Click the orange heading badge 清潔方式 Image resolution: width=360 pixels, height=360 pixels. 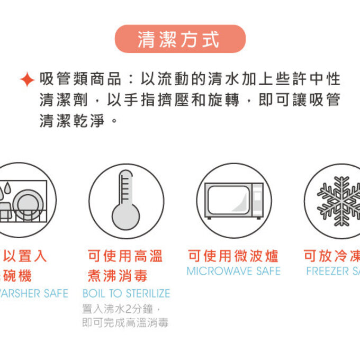pos(180,39)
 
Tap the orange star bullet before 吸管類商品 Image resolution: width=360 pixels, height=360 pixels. pos(27,80)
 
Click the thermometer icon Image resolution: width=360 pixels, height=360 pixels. pos(126,200)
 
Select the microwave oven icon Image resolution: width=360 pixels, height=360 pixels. pos(234,200)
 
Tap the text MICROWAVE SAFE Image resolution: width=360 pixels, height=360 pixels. pos(233,271)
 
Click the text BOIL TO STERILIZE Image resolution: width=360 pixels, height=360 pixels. pos(126,293)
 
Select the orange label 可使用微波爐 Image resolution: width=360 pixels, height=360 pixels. pos(233,256)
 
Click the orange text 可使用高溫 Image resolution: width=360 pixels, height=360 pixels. pos(125,256)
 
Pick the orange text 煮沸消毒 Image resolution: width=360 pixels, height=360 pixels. pos(117,276)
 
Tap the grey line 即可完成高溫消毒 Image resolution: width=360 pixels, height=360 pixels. pos(125,322)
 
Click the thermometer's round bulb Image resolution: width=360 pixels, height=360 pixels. pos(125,217)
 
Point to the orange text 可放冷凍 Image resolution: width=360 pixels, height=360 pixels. pos(331,256)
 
